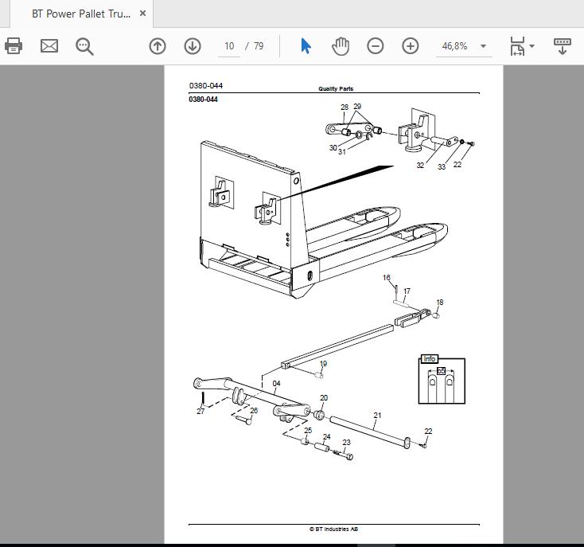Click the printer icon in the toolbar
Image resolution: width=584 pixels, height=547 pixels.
[14, 46]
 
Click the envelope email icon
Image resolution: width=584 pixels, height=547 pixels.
[49, 46]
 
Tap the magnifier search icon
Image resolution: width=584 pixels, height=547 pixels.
[84, 46]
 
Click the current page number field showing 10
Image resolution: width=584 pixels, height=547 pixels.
[229, 46]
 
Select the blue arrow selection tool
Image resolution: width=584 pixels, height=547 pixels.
[306, 46]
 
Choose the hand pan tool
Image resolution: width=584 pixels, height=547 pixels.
[341, 46]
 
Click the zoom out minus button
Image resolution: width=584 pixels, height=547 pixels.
[375, 46]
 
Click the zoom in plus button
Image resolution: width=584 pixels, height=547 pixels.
[411, 46]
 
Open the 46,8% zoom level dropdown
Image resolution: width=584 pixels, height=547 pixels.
[483, 46]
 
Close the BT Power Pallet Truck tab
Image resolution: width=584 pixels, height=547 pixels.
[142, 14]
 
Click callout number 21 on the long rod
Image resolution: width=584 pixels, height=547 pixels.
[377, 415]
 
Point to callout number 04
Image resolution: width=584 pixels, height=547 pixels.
[276, 384]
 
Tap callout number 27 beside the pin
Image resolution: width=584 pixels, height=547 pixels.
[201, 411]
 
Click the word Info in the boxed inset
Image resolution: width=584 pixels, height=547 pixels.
[429, 358]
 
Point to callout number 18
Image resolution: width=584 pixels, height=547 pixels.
[440, 303]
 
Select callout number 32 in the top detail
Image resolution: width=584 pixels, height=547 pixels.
[420, 165]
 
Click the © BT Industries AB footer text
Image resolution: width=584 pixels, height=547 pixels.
[333, 529]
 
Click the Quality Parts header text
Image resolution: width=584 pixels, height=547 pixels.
[336, 88]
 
